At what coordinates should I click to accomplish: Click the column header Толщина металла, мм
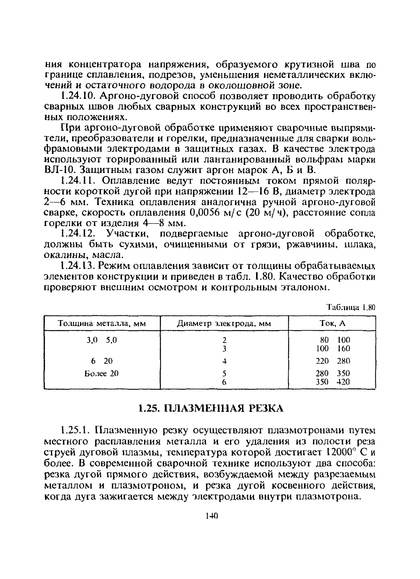(x=102, y=324)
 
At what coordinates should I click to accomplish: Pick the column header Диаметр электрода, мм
(x=224, y=324)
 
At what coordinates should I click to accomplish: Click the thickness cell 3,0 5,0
(x=102, y=340)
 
